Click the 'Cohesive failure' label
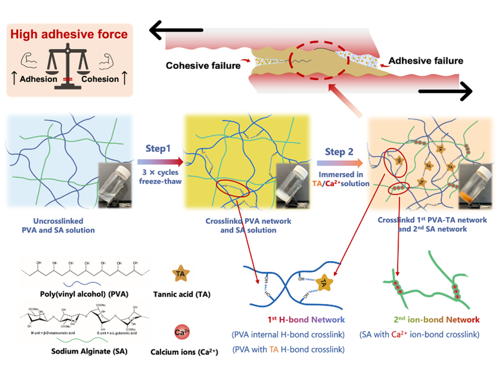(x=203, y=66)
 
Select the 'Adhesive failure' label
(x=425, y=61)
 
